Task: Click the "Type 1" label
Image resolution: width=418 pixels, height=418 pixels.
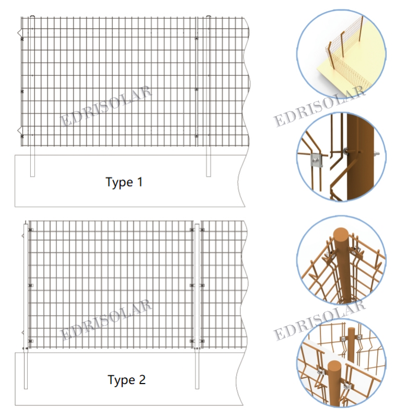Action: click(124, 182)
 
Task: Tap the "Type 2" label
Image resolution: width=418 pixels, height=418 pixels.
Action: click(126, 380)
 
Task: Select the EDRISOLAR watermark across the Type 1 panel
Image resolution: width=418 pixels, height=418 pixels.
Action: click(106, 106)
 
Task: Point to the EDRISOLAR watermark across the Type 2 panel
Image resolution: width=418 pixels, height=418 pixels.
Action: click(106, 320)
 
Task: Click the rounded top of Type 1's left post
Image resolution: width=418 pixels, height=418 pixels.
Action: click(32, 17)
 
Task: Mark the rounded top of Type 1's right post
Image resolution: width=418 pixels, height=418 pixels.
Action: click(208, 17)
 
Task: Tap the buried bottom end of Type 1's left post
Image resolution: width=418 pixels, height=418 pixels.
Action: click(32, 176)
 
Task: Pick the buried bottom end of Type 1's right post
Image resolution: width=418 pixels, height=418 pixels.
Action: click(208, 176)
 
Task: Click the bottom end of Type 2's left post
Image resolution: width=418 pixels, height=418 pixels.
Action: click(26, 388)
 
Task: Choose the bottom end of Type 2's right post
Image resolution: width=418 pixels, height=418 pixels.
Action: click(197, 388)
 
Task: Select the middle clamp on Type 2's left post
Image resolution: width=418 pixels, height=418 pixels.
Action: click(31, 285)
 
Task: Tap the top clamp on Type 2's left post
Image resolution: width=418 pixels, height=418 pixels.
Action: click(31, 230)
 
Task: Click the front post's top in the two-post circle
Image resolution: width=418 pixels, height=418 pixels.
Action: click(334, 365)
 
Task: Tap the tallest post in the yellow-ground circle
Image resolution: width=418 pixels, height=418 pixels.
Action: click(361, 29)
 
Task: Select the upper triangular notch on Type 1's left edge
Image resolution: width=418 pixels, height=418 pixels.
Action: click(19, 32)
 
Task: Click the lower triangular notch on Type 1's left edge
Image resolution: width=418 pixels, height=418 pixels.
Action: click(19, 130)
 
